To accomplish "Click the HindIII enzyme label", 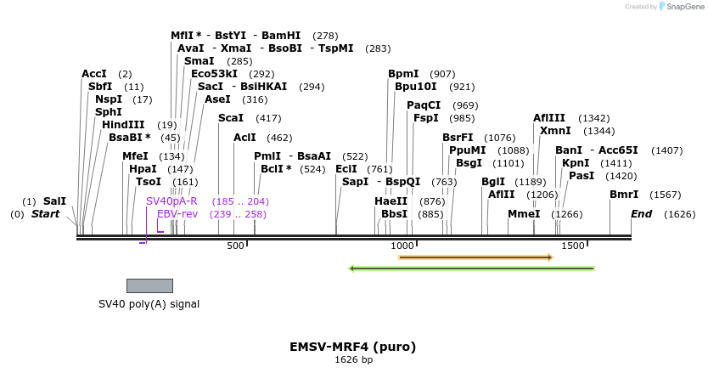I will click(x=123, y=125).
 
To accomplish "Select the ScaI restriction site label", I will click(x=230, y=118).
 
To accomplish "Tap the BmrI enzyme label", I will click(x=623, y=195).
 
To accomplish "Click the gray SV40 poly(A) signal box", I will click(x=149, y=285).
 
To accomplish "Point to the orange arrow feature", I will click(x=475, y=257).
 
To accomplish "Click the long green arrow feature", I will click(x=472, y=268).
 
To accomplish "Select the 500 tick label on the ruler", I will click(x=235, y=246).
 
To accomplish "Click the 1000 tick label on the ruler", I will click(x=400, y=246).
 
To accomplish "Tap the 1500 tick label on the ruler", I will click(x=573, y=246).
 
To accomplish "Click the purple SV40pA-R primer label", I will click(x=171, y=201).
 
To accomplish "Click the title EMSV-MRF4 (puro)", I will click(x=353, y=347).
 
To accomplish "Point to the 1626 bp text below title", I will click(x=353, y=360).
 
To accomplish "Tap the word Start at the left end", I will click(x=45, y=214).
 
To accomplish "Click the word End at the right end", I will click(x=641, y=214).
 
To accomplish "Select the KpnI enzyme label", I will click(x=576, y=163).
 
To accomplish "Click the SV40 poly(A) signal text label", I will click(x=149, y=303).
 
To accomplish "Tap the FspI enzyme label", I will click(x=425, y=118).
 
